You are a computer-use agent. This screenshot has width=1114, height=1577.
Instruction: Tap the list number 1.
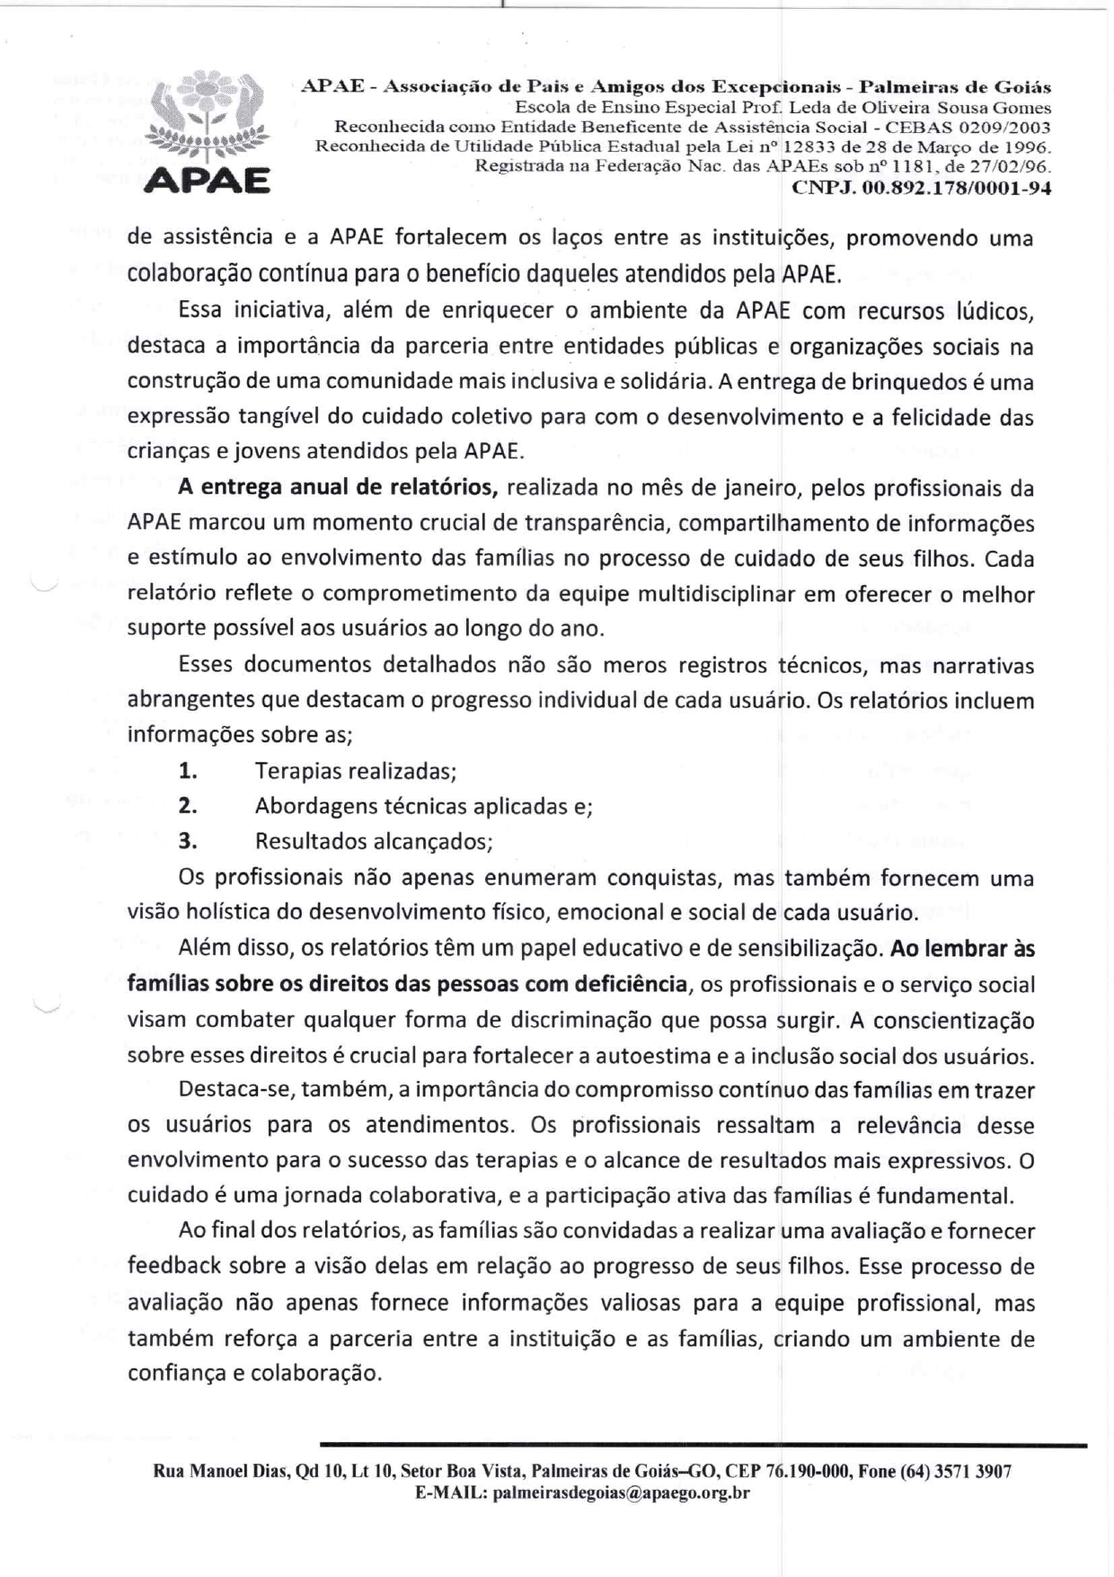pyautogui.click(x=187, y=771)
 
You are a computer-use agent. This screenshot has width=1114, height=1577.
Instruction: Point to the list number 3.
pyautogui.click(x=187, y=841)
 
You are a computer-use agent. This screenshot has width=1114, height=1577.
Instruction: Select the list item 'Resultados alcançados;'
pyautogui.click(x=374, y=842)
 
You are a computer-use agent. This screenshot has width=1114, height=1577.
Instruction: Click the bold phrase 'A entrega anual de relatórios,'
pyautogui.click(x=338, y=488)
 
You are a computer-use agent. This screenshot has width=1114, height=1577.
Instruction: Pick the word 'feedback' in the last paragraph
pyautogui.click(x=173, y=1266)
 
